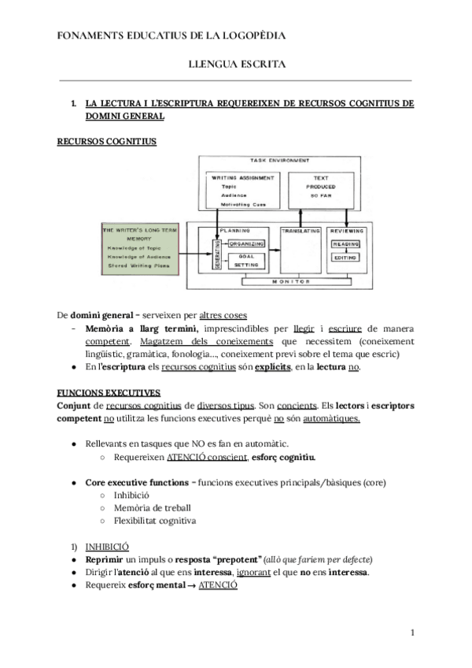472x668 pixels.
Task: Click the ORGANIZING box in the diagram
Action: click(245, 244)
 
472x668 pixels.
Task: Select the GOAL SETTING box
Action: click(245, 261)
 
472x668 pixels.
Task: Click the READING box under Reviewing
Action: click(345, 244)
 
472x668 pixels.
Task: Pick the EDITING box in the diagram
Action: click(345, 258)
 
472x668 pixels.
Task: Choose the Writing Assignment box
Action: click(243, 191)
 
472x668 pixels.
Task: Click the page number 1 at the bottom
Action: click(412, 633)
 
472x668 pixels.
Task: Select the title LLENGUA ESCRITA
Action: click(236, 65)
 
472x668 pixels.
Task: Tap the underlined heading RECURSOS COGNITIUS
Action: click(107, 142)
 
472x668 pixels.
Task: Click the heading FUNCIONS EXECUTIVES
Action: click(109, 392)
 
